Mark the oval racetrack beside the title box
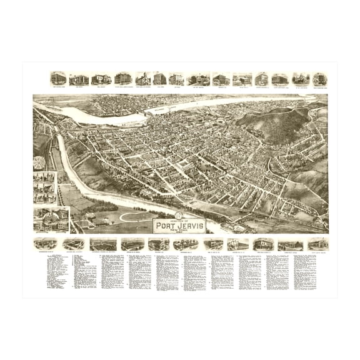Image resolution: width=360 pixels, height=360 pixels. tap(137, 217)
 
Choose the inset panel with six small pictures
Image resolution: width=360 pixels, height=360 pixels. tap(44, 186)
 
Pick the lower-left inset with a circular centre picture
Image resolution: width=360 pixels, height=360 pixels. tap(51, 219)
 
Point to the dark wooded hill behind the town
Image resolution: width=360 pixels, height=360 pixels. tap(278, 122)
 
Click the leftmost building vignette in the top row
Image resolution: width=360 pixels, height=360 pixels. tap(58, 79)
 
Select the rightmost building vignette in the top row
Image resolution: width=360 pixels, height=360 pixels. tap(320, 79)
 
